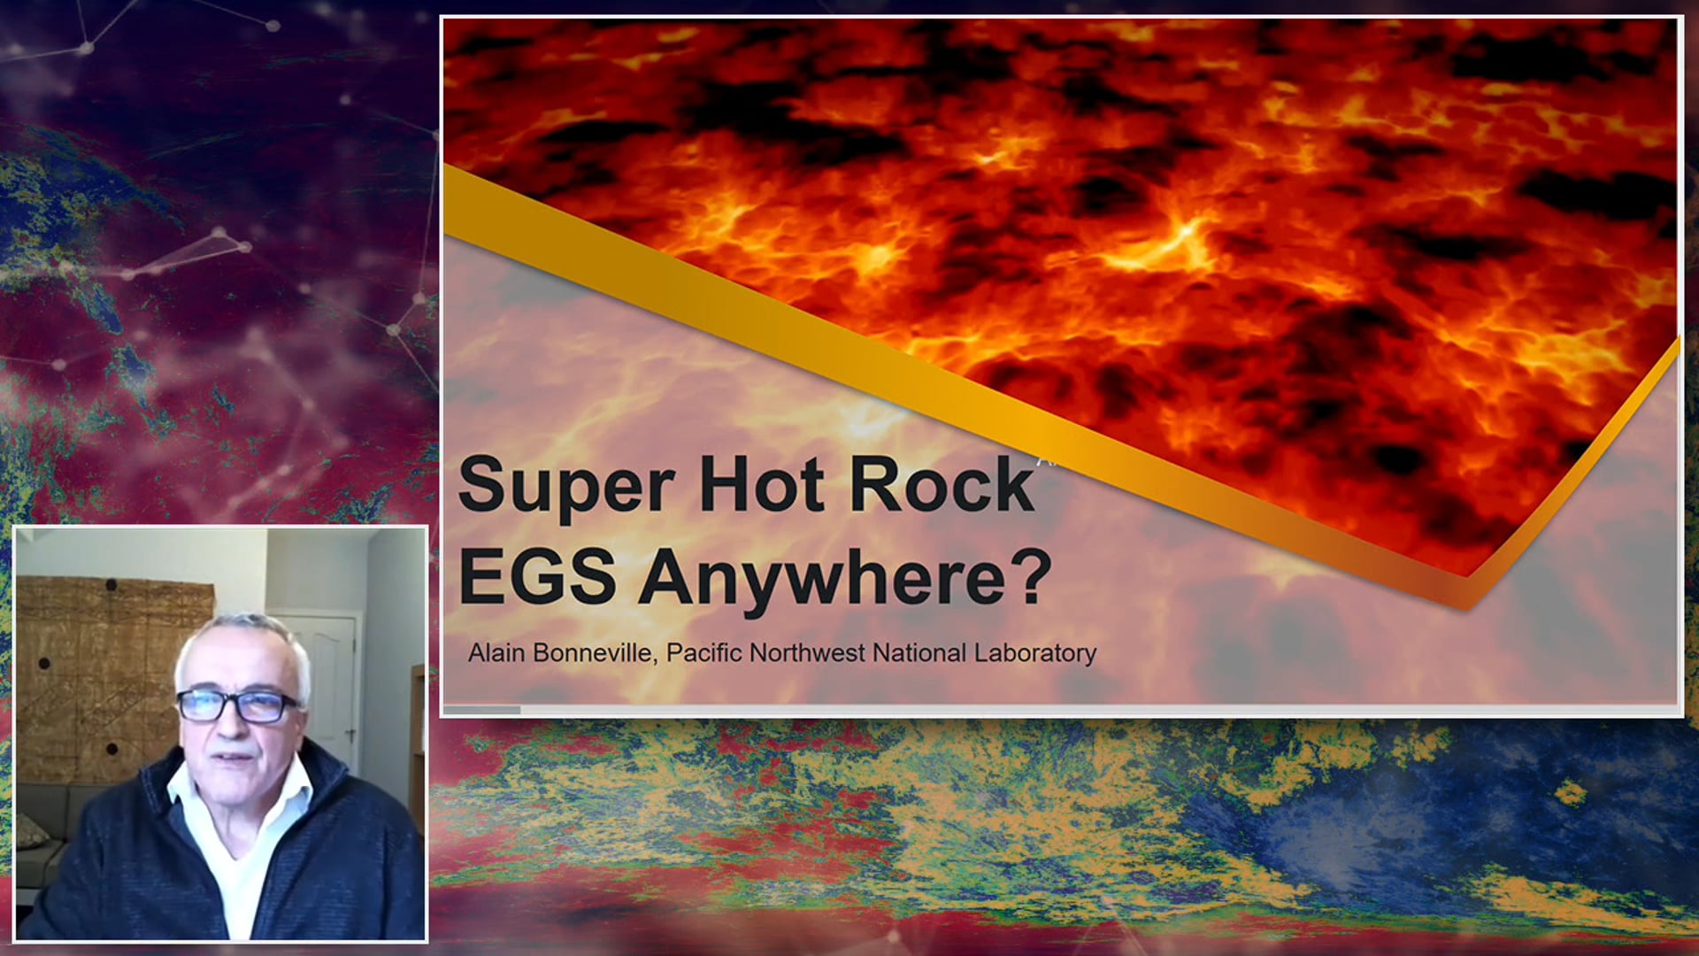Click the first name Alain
click(496, 653)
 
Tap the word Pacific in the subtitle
click(703, 653)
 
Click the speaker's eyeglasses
click(237, 705)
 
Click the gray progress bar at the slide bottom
click(482, 710)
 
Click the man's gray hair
click(239, 633)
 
